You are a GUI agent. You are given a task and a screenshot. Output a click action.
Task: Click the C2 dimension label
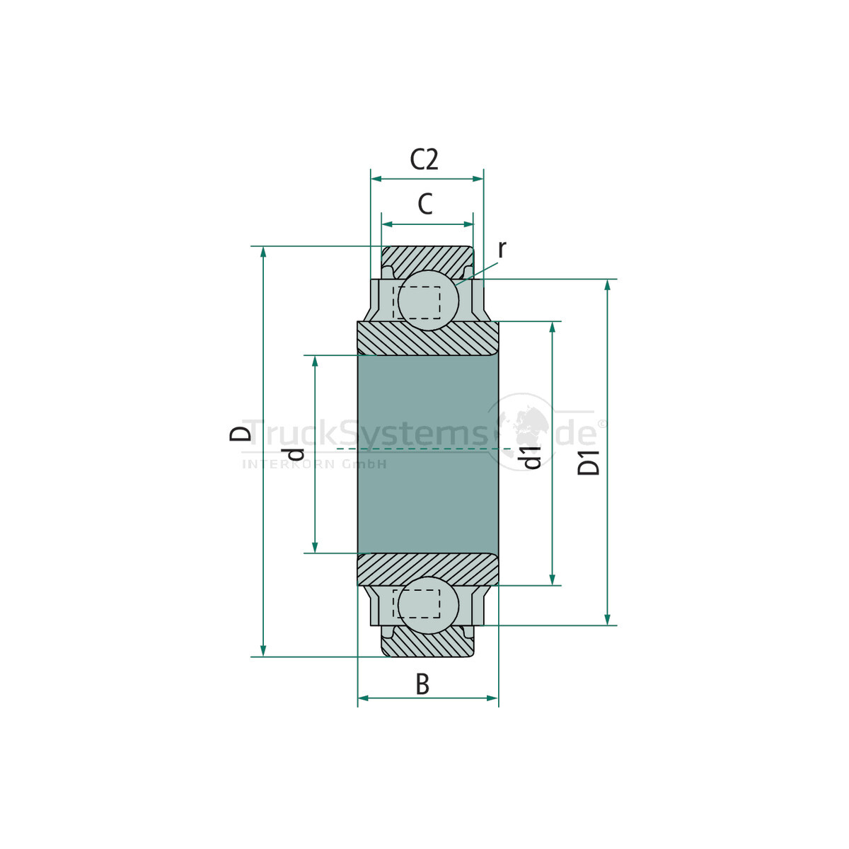pos(424,159)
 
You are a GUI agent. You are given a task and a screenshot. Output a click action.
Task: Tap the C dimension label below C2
pos(425,204)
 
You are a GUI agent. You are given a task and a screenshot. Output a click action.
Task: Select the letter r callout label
pos(502,249)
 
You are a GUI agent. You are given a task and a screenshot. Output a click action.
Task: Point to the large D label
pos(241,434)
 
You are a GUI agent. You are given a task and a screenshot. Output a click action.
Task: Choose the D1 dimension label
pos(589,462)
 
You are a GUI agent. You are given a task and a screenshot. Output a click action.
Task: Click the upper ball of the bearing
pos(428,300)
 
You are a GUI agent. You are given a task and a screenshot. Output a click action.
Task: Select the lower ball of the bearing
pos(428,606)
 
